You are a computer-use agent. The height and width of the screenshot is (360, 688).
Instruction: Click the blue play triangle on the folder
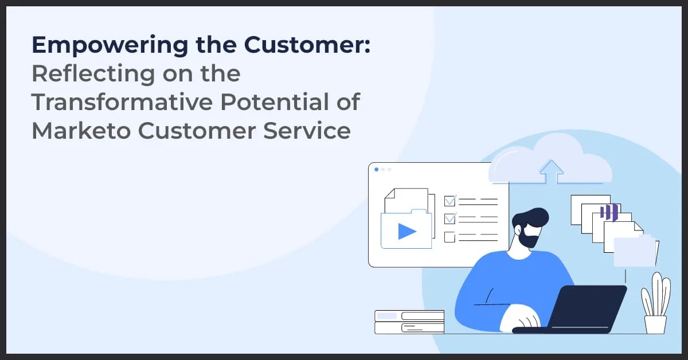406,230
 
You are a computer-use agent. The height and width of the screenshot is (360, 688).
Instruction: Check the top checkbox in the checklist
450,201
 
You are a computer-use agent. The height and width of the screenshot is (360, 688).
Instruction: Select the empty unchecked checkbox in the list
450,236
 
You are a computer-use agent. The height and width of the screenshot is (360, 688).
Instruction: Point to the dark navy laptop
585,310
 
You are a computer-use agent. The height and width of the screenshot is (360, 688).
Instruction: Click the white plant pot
655,324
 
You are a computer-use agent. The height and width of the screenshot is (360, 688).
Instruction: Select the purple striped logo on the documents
608,212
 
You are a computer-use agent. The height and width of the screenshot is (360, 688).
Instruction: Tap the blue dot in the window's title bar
376,169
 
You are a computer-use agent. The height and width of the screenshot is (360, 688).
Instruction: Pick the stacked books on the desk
409,322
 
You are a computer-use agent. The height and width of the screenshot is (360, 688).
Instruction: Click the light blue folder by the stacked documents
635,252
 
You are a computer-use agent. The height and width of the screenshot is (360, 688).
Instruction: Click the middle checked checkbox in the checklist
450,218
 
